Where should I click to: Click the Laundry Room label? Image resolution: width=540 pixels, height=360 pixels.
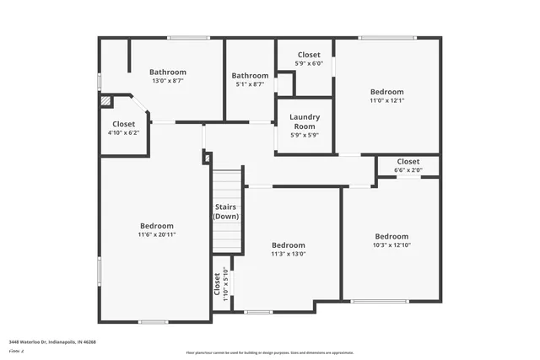pos(304,121)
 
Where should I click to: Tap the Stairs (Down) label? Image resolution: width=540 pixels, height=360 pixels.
pos(225,212)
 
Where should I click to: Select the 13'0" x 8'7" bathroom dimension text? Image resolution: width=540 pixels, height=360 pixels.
pos(168,82)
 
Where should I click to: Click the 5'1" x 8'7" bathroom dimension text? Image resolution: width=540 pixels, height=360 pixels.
pos(250,84)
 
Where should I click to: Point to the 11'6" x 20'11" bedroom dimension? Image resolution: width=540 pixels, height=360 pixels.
pos(157,235)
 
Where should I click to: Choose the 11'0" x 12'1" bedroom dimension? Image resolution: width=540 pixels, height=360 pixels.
pos(387,100)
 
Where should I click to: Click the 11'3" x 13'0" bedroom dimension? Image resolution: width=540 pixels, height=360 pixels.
pos(288,254)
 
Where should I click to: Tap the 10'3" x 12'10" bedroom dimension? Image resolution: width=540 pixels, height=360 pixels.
pos(391,245)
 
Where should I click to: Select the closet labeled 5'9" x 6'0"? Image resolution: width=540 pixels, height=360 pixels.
pos(308,59)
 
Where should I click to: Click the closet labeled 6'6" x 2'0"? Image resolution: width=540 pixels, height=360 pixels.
pos(408,165)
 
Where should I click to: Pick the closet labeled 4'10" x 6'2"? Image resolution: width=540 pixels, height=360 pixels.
pos(123,128)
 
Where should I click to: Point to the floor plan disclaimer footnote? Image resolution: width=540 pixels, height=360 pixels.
pos(270,352)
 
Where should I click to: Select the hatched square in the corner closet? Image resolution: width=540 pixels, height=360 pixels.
pos(105,100)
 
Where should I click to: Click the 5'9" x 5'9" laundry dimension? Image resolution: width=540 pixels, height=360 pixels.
pos(304,135)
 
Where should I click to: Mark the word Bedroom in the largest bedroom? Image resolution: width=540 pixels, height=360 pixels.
pos(157,226)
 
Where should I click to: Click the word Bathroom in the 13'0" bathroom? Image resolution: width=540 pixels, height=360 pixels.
pos(168,73)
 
